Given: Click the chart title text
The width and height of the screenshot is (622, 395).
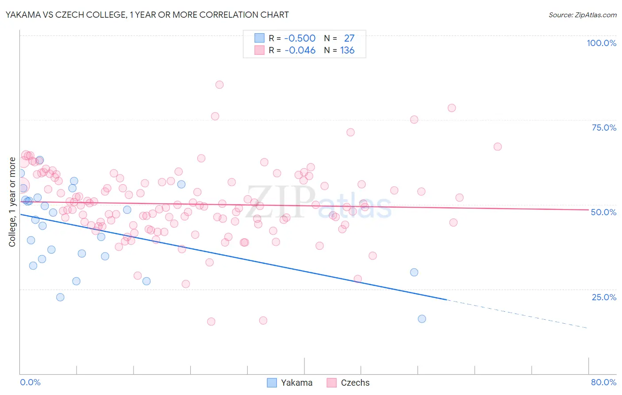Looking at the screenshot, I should [147, 15].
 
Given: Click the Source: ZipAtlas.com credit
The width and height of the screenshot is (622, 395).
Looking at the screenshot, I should [582, 15].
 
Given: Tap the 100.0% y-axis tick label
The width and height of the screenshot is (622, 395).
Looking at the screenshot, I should [601, 43].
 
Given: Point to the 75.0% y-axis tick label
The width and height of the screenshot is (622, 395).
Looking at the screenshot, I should [604, 128].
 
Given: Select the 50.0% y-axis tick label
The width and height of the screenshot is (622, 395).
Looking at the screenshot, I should [603, 212].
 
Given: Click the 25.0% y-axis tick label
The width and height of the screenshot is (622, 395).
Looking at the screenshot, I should [604, 297].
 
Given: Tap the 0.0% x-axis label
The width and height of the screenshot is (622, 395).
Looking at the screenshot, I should [30, 382].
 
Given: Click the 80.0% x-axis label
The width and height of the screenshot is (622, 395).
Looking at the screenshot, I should [603, 382].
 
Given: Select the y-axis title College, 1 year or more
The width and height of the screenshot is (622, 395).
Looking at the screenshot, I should [12, 202].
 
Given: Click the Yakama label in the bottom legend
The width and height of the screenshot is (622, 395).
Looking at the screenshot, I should [296, 383].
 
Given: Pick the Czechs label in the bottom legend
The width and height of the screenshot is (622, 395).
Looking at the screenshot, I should [355, 383].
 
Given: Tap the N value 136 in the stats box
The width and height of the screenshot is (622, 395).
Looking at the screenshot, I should [347, 50].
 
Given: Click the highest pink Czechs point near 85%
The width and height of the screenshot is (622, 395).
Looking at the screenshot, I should [219, 85].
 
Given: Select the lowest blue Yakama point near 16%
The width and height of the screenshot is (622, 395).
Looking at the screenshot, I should [422, 319].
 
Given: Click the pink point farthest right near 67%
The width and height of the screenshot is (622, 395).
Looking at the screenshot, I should [497, 147].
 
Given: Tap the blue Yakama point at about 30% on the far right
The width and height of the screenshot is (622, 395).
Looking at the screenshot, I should [414, 272].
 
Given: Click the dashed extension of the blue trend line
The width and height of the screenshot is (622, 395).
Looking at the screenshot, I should [518, 314].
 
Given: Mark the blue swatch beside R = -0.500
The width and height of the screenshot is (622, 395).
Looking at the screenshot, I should [259, 38].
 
